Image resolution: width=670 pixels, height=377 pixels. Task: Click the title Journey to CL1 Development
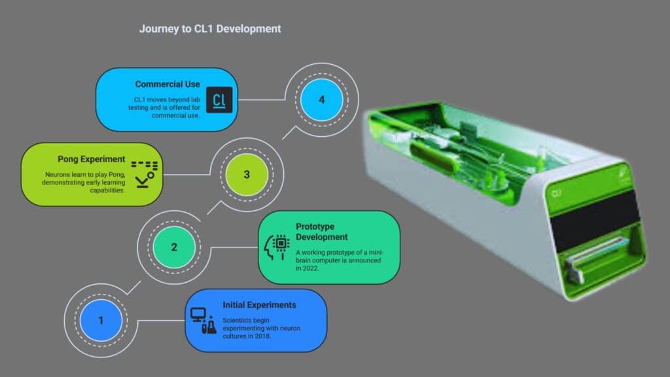[x=210, y=29]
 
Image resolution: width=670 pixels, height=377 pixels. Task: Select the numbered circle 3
[x=246, y=175]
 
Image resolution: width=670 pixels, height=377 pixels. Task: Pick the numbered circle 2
[x=174, y=247]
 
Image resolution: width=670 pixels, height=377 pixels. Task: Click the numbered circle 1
[x=101, y=321]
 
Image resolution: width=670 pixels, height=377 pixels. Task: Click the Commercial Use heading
[x=167, y=84]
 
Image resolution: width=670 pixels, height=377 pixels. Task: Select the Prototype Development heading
[x=322, y=231]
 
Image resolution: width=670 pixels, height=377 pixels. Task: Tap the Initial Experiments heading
[x=259, y=305]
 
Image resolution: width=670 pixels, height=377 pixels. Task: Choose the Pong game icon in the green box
[x=145, y=172]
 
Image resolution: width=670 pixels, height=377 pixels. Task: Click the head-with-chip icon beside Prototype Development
[x=277, y=246]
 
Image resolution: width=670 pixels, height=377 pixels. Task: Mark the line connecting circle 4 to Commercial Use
[x=262, y=100]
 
